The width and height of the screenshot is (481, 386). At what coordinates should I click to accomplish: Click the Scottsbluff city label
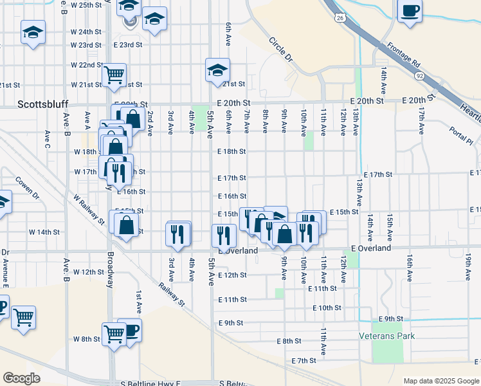tap(42, 104)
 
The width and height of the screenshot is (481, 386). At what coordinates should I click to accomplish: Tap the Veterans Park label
tap(386, 336)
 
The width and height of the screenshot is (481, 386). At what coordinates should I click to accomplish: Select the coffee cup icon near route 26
tap(410, 11)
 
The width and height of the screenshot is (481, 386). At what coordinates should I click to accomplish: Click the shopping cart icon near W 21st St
tap(114, 75)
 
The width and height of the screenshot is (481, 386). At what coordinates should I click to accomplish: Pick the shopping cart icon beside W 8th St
tap(114, 333)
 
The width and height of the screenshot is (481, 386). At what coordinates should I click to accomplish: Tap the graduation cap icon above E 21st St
tap(217, 68)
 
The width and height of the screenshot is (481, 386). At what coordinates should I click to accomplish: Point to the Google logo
tap(21, 378)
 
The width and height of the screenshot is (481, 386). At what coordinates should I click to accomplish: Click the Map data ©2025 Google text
tap(440, 381)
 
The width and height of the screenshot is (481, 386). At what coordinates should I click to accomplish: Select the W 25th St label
tap(87, 5)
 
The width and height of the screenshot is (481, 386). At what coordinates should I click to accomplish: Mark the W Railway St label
tap(89, 210)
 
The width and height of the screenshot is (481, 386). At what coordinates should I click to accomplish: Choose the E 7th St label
tap(305, 361)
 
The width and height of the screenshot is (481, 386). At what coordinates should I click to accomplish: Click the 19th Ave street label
tap(467, 266)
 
